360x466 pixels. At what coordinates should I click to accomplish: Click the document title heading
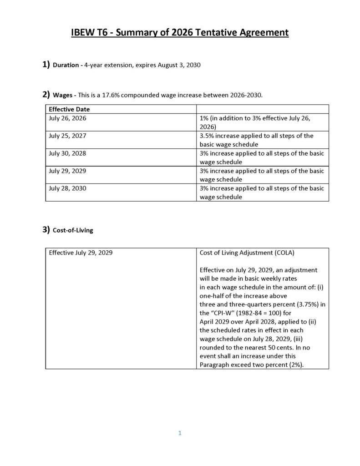click(x=180, y=33)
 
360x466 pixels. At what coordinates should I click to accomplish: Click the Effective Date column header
click(x=69, y=109)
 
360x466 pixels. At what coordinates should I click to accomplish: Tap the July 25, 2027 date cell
click(x=67, y=136)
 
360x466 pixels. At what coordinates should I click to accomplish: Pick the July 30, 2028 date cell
click(x=67, y=153)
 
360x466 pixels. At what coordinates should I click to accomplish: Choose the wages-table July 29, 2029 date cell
click(x=67, y=171)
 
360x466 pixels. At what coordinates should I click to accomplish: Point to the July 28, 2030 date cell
click(x=67, y=188)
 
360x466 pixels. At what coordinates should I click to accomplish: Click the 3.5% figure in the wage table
click(x=206, y=136)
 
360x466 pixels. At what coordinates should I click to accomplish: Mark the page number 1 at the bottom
click(x=180, y=433)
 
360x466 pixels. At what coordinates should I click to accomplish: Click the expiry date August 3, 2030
click(x=179, y=65)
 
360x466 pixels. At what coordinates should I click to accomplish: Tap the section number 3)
click(x=46, y=230)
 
